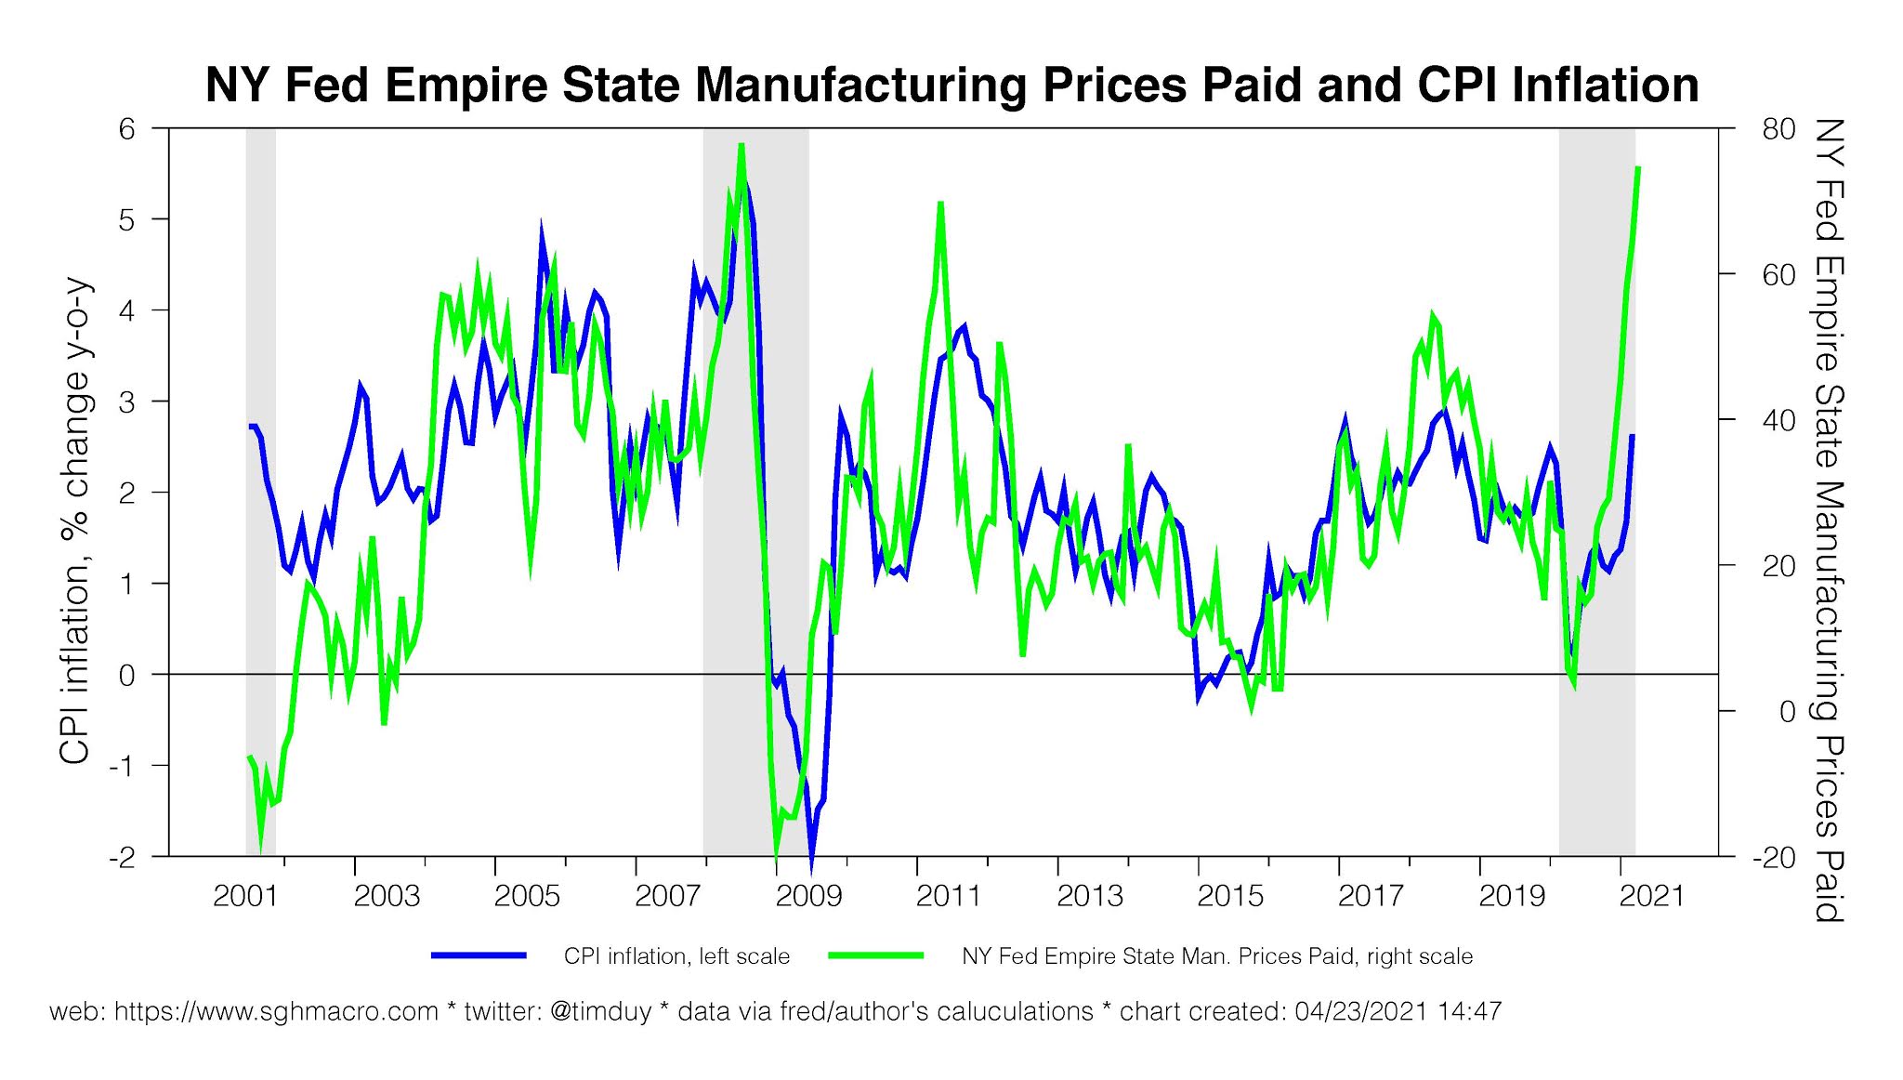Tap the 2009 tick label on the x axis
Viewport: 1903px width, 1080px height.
click(x=808, y=896)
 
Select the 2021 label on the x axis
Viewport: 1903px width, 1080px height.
click(x=1651, y=896)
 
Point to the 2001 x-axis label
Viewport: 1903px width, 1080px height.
click(x=245, y=896)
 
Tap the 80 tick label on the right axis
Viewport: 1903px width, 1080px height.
click(x=1778, y=128)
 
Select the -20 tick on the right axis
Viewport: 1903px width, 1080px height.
click(x=1774, y=857)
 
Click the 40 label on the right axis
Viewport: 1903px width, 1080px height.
click(x=1778, y=420)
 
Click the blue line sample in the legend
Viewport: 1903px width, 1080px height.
click(x=479, y=955)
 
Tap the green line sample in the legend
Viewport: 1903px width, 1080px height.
click(x=876, y=955)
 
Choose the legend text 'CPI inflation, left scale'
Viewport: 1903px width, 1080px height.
click(x=676, y=956)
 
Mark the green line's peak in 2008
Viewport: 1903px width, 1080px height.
click(x=742, y=145)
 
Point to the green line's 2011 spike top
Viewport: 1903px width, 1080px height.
click(x=940, y=203)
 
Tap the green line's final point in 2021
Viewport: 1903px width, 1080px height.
click(x=1638, y=168)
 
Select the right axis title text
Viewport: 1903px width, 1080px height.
click(x=1828, y=520)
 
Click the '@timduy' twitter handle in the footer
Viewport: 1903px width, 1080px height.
click(x=600, y=1011)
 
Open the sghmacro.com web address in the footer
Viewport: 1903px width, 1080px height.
click(x=276, y=1011)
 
